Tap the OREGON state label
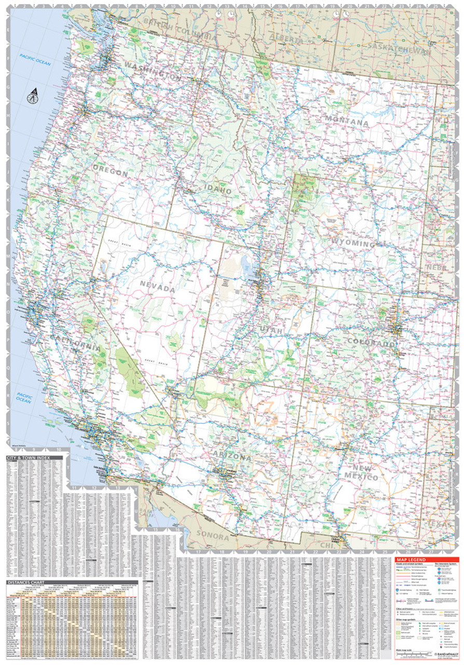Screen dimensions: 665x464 (111, 172)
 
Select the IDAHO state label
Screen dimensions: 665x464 (220, 191)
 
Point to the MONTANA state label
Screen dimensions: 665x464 (347, 123)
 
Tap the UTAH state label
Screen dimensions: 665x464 (272, 331)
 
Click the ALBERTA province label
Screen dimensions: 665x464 (284, 39)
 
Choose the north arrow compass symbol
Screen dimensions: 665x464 (33, 96)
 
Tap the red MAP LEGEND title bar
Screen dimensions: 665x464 (410, 560)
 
